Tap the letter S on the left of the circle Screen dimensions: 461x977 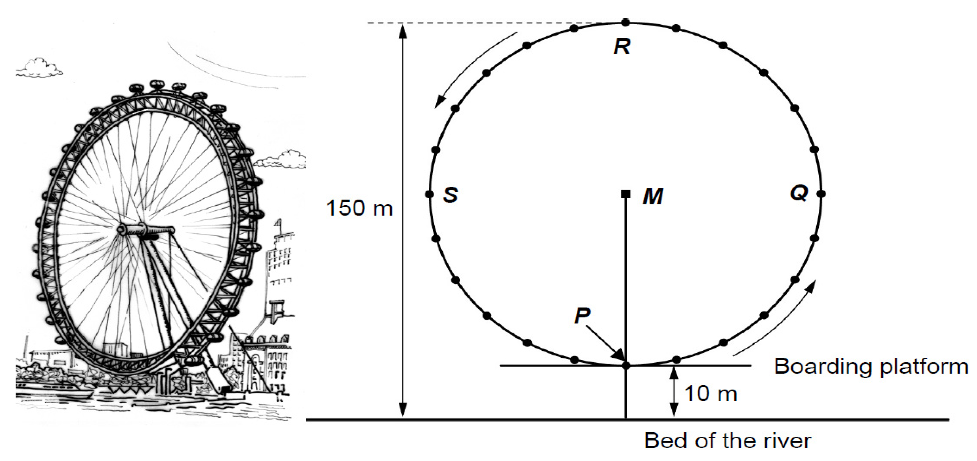450,195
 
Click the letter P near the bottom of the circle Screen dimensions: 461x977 582,315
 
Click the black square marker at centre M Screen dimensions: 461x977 625,194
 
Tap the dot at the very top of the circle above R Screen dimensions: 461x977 626,23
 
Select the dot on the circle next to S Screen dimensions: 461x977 429,194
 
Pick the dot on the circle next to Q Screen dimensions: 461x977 821,194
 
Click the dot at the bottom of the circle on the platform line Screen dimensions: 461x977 626,365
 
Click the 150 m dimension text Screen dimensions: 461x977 359,208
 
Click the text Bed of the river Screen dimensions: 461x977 727,440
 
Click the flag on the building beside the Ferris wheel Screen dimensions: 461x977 279,222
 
